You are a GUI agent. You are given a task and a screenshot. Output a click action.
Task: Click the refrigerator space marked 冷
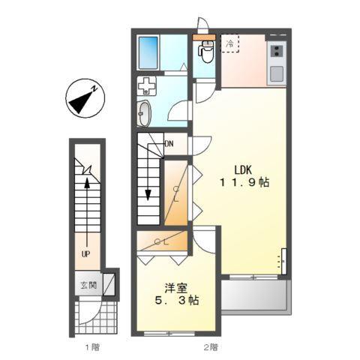point(231,44)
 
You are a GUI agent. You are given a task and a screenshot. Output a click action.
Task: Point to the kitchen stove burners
point(276,51)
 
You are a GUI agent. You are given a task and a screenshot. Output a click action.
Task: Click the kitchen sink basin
point(276,73)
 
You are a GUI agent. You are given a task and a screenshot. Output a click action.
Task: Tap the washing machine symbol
point(147,85)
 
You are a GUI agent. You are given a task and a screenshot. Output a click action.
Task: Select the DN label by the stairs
point(169,143)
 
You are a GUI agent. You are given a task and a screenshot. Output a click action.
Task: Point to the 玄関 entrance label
point(88,285)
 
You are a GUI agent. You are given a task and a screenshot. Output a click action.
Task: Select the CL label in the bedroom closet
point(162,241)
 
